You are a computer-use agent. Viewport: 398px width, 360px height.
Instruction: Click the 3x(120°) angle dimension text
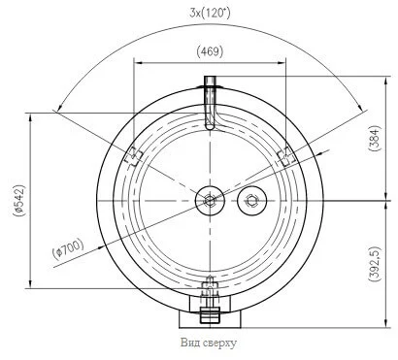(210, 14)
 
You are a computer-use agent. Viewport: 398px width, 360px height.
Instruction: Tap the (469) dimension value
(210, 51)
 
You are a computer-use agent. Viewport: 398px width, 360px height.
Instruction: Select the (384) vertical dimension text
(375, 139)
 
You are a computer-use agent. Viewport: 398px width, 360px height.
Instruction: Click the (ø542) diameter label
(18, 201)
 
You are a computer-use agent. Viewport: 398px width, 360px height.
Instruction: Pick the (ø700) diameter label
(68, 249)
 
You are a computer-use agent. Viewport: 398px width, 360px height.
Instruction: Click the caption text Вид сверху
(209, 343)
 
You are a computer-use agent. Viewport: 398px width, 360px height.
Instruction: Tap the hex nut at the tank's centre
(210, 201)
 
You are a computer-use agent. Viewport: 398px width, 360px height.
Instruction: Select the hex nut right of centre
(251, 201)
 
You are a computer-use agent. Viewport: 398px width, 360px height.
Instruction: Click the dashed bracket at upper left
(134, 156)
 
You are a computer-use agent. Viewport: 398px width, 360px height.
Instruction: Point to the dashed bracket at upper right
(286, 156)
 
